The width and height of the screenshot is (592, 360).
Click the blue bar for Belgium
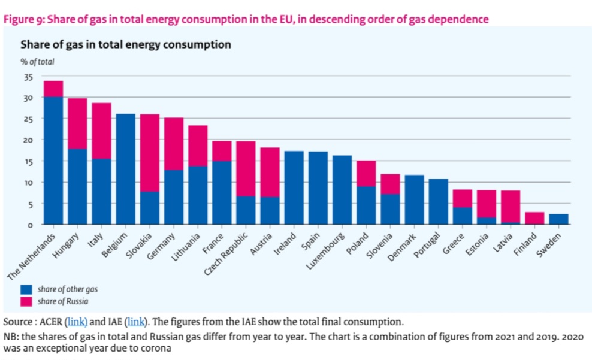[126, 169]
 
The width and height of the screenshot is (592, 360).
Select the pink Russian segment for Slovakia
[150, 153]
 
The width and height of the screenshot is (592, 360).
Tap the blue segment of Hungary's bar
[77, 186]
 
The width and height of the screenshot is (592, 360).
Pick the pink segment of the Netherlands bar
[53, 89]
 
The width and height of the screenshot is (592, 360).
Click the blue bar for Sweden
[559, 219]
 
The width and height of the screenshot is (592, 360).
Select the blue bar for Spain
[318, 188]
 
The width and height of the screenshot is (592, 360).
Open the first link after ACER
[76, 321]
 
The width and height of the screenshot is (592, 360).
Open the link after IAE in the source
[134, 321]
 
